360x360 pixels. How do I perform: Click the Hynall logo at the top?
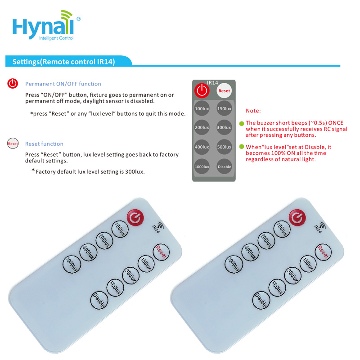coord(46,25)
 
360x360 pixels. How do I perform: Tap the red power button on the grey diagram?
coord(202,90)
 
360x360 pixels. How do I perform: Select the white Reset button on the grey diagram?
coord(224,91)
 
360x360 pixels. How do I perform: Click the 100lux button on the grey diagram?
coord(202,108)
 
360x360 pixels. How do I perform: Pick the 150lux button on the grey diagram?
coord(224,108)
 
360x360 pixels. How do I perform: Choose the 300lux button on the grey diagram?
coord(224,127)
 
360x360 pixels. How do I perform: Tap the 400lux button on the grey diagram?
coord(202,147)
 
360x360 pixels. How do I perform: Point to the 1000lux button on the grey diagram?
coord(202,166)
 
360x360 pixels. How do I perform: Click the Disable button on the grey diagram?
coord(224,166)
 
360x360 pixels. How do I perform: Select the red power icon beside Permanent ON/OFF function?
coord(13,83)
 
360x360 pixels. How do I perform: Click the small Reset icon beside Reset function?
coord(13,144)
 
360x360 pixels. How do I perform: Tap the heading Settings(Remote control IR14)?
coord(63,62)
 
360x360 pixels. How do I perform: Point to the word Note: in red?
coord(253,111)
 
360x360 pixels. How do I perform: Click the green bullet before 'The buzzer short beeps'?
coord(242,123)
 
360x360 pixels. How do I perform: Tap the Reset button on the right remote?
coord(323,252)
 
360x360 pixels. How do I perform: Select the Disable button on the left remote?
coord(99,300)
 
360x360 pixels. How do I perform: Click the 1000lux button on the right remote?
coord(234,264)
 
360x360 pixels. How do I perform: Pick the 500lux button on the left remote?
coord(115,288)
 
